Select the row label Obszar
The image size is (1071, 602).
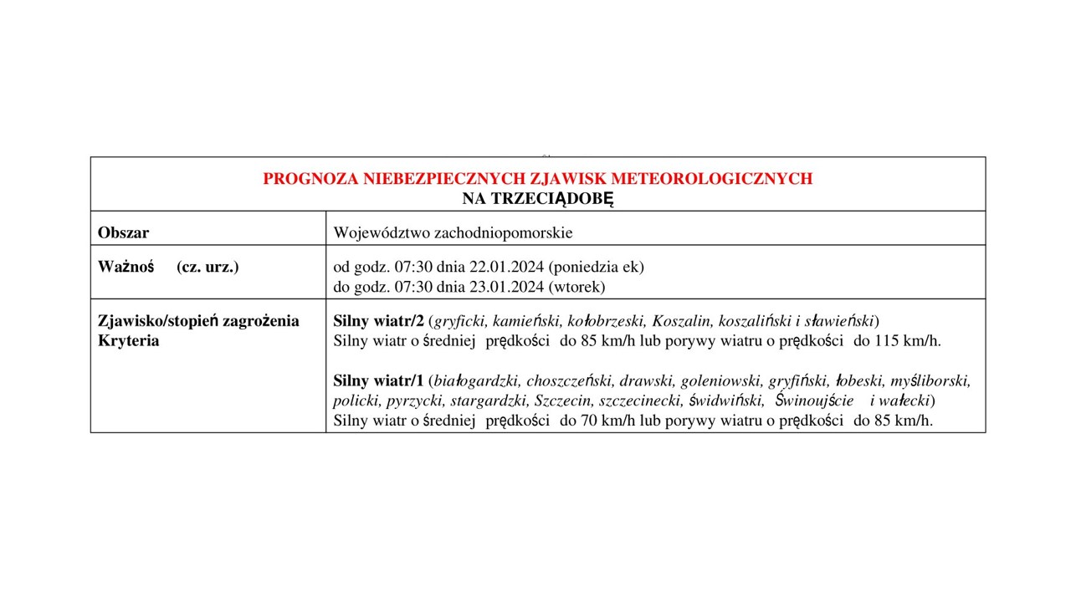click(x=123, y=232)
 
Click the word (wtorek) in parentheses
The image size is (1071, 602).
click(x=576, y=287)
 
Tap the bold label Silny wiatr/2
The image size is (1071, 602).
click(x=378, y=321)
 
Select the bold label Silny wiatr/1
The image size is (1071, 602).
click(x=378, y=381)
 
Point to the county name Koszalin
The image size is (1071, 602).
click(x=682, y=321)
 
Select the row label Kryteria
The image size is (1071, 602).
click(x=128, y=341)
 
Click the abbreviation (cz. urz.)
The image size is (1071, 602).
click(x=208, y=267)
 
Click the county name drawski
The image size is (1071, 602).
click(x=641, y=381)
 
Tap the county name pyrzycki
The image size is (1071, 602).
click(x=414, y=400)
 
